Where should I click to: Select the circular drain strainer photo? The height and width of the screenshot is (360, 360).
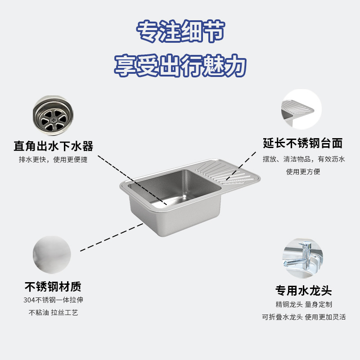tap(52, 115)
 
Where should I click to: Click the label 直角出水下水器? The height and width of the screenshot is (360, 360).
tap(53, 146)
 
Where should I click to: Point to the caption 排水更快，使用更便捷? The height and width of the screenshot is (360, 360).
tap(53, 160)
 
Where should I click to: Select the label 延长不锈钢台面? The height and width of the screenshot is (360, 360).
tap(303, 144)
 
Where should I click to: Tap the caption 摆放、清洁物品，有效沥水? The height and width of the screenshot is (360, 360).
tap(304, 159)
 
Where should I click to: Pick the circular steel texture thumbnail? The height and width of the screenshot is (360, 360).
tap(52, 255)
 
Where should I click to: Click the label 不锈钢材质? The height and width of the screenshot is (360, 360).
tap(53, 287)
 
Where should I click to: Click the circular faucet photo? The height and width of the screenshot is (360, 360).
tap(302, 258)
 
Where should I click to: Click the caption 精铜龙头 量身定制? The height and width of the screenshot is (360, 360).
tap(304, 305)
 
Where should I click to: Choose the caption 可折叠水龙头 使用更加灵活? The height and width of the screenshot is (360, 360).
tap(304, 317)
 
